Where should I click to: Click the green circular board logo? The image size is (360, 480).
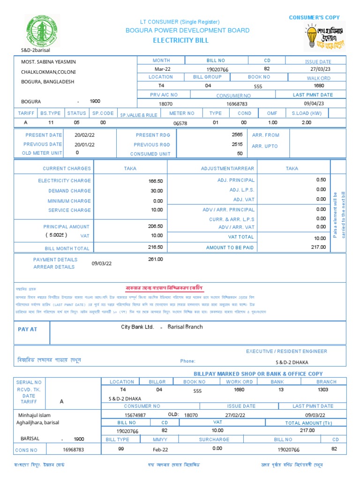[x=43, y=30]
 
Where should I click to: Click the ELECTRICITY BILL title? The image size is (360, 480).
[x=180, y=41]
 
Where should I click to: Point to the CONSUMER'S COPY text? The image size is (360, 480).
[x=314, y=18]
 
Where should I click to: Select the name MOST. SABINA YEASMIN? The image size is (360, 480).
[x=48, y=62]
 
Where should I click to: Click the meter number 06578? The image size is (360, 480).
[x=180, y=123]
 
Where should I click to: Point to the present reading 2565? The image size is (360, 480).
[x=237, y=135]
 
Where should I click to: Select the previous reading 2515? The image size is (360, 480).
[x=237, y=144]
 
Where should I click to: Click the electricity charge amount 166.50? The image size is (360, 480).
[x=156, y=181]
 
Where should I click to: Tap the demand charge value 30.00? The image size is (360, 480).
[x=157, y=191]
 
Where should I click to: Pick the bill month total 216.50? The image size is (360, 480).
[x=156, y=247]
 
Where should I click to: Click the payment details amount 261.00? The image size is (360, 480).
[x=155, y=259]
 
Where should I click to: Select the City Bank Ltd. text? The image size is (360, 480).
[x=137, y=327]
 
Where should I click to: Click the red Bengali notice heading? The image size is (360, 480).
[x=164, y=287]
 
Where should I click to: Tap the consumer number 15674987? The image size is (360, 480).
[x=135, y=415]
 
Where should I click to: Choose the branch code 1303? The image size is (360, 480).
[x=323, y=390]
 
